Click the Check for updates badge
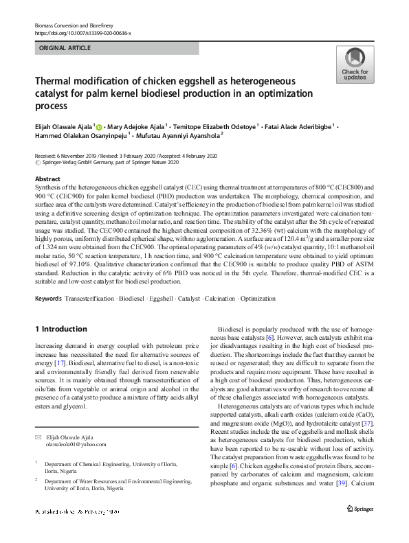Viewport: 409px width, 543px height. [354, 65]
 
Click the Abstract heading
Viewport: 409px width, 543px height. [47, 178]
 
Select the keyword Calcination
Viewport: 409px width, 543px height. [217, 299]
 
